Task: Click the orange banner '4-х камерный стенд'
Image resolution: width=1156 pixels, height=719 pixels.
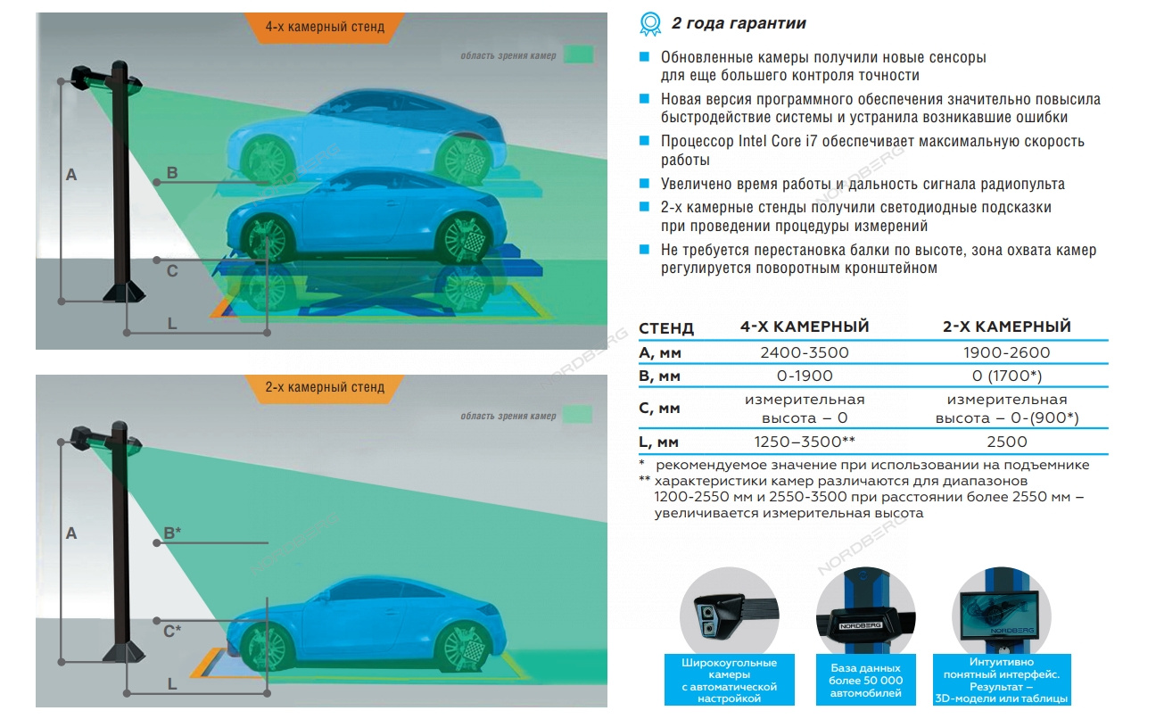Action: [x=325, y=27]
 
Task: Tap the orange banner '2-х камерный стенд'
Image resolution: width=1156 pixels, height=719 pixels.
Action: [x=325, y=387]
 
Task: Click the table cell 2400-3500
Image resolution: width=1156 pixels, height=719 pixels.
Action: [x=804, y=352]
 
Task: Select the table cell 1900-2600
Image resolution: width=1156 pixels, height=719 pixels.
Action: [x=1006, y=352]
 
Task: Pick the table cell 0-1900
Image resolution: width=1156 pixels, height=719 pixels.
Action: [x=804, y=376]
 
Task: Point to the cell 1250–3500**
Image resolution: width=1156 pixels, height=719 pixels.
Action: [x=804, y=441]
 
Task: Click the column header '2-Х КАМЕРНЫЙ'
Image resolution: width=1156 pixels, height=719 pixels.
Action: [x=1006, y=326]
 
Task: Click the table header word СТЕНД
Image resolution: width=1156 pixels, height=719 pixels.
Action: [x=665, y=328]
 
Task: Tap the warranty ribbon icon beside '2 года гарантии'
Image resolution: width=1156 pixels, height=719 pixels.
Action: [x=651, y=23]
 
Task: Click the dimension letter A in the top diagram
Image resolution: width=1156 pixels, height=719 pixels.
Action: [x=71, y=176]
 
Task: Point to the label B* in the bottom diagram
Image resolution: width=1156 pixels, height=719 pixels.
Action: [x=172, y=533]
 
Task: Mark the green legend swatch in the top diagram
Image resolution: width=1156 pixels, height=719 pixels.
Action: [x=578, y=55]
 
